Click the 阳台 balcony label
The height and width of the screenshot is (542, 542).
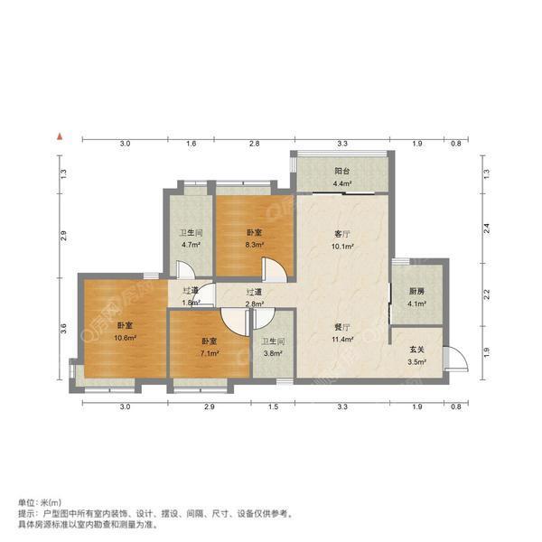pyautogui.click(x=341, y=169)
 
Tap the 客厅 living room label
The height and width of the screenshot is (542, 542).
pyautogui.click(x=341, y=233)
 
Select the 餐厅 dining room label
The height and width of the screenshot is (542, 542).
pyautogui.click(x=341, y=328)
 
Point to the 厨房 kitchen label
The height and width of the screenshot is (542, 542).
pyautogui.click(x=416, y=291)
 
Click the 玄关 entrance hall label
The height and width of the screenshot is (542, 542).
pyautogui.click(x=416, y=350)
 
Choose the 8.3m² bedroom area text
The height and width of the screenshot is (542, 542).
pyautogui.click(x=256, y=244)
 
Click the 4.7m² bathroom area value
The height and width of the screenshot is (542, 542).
pyautogui.click(x=189, y=244)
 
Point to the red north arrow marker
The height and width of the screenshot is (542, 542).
pyautogui.click(x=59, y=136)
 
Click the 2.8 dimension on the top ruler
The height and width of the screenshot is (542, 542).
pyautogui.click(x=255, y=144)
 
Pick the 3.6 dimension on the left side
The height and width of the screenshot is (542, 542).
pyautogui.click(x=64, y=330)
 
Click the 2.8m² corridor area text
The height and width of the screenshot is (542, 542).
pyautogui.click(x=255, y=304)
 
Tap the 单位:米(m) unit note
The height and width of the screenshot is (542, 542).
pyautogui.click(x=40, y=502)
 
